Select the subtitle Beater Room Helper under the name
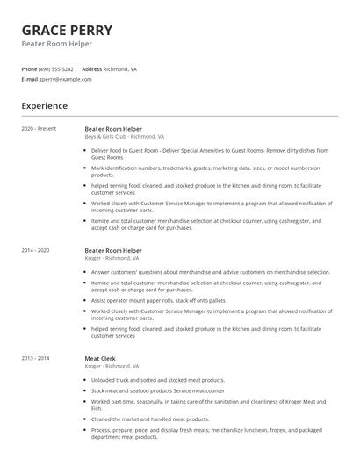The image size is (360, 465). click(56, 43)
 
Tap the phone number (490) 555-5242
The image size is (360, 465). click(57, 68)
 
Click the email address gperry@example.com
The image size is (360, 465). click(65, 79)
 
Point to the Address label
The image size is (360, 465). click(92, 68)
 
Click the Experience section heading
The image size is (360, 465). click(44, 106)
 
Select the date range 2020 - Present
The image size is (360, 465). click(40, 129)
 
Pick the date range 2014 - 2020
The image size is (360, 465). click(36, 250)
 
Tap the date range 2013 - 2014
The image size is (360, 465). click(36, 358)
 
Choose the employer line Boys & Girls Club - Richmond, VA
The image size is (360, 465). click(124, 137)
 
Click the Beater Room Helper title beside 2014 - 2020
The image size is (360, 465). click(113, 250)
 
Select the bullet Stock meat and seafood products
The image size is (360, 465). click(157, 390)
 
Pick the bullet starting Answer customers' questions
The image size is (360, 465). click(210, 272)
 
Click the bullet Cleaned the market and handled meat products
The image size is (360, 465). click(150, 418)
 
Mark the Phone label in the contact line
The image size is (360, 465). click(29, 68)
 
